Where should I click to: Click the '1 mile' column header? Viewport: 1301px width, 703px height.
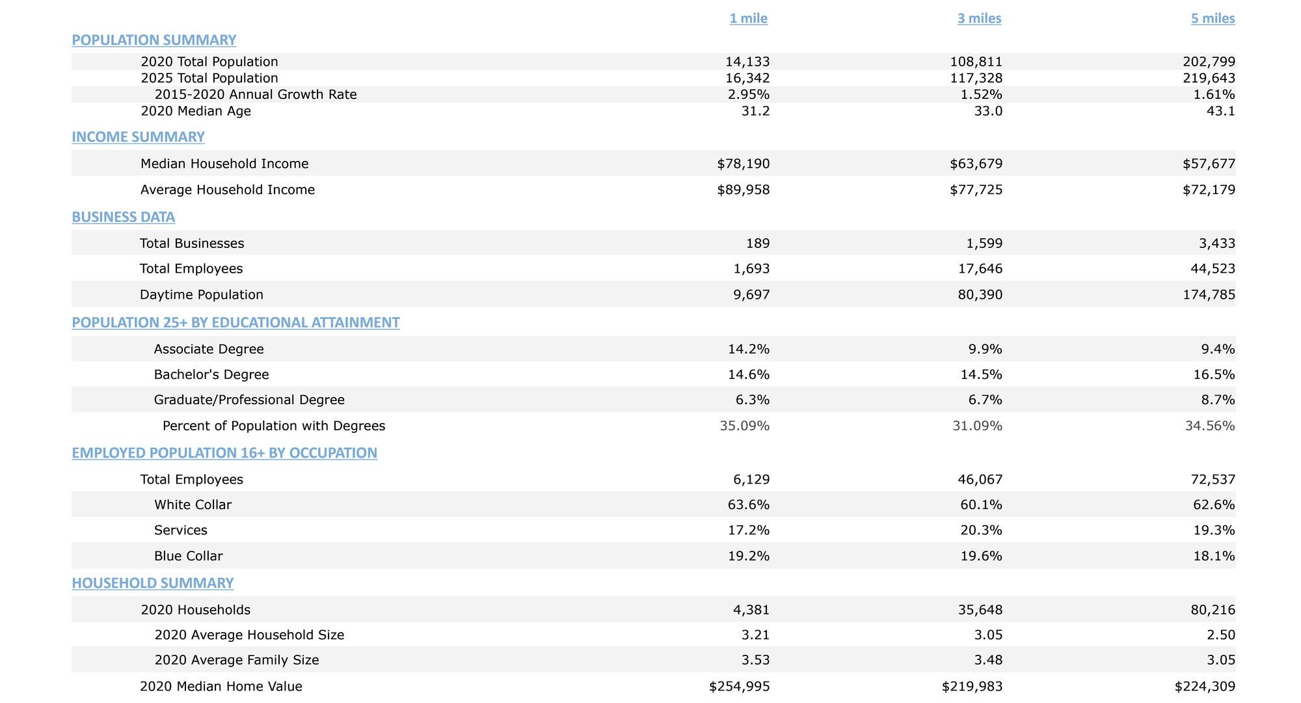[x=748, y=19]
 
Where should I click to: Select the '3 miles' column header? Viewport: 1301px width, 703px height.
[x=979, y=19]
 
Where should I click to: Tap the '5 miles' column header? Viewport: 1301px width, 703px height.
[x=1213, y=19]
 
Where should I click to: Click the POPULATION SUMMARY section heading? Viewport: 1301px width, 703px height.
[x=154, y=40]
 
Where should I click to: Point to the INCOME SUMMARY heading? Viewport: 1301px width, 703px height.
[x=138, y=137]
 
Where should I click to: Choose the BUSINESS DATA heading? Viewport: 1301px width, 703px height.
[x=123, y=217]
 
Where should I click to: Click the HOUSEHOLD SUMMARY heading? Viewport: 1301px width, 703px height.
[x=152, y=583]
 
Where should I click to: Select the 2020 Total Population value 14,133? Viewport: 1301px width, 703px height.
[x=747, y=62]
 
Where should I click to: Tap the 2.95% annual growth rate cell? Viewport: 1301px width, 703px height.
[x=749, y=94]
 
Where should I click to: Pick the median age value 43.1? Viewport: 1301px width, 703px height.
[x=1222, y=111]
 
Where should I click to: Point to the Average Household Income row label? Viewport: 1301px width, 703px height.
[x=228, y=190]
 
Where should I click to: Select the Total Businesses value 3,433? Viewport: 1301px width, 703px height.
[x=1218, y=243]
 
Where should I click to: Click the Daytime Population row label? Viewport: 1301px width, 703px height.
[x=202, y=295]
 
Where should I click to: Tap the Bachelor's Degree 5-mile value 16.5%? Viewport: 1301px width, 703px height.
[x=1217, y=374]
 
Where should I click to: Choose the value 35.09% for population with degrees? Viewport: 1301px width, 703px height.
[x=745, y=426]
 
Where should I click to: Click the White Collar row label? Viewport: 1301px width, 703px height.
[x=193, y=504]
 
